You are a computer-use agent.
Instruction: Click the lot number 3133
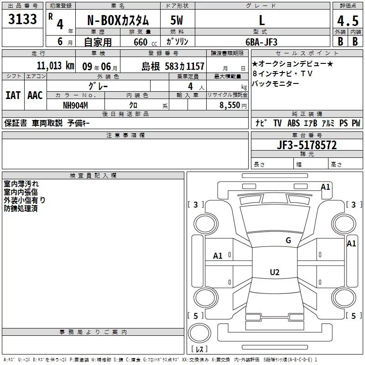[22, 19]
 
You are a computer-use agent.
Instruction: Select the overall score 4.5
[348, 21]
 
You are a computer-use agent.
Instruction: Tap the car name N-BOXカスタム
[118, 20]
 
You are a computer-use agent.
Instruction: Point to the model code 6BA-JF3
[261, 42]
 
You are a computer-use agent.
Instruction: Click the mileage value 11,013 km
[56, 66]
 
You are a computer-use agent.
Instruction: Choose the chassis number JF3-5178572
[307, 145]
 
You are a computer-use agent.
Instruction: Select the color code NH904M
[75, 105]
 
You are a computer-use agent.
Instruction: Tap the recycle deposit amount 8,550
[229, 105]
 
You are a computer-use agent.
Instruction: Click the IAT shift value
[13, 95]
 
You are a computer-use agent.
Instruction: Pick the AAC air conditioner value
[35, 95]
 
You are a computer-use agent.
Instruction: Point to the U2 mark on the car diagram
[275, 272]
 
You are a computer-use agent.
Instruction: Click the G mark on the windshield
[288, 240]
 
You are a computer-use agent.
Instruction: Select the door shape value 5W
[177, 20]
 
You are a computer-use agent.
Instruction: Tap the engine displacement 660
[141, 42]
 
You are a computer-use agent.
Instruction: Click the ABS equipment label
[293, 123]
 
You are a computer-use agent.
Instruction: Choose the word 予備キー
[78, 123]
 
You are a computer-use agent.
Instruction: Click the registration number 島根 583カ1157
[173, 67]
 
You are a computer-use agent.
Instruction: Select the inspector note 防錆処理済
[21, 209]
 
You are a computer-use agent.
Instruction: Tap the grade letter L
[262, 20]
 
